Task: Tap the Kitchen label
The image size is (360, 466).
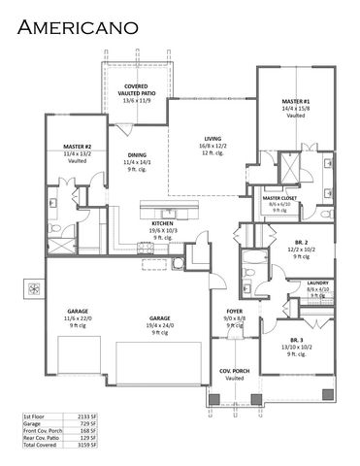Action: tap(161, 222)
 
